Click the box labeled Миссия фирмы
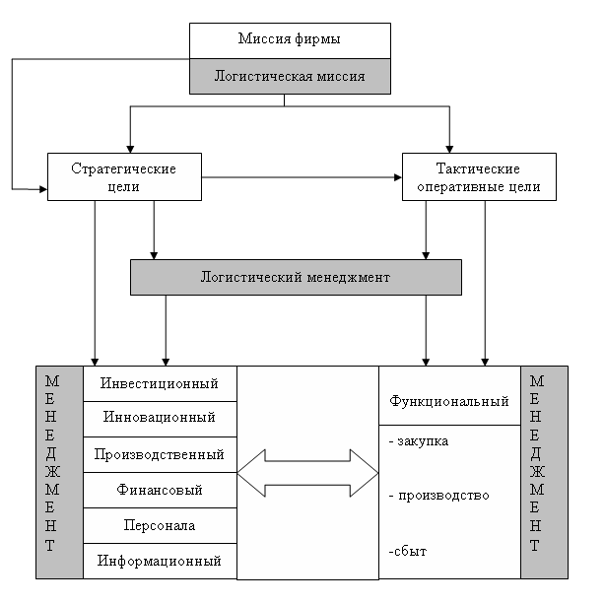pos(290,40)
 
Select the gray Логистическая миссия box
pos(290,75)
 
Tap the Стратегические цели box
pos(124,177)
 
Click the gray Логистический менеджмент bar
pos(296,278)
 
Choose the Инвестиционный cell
pos(160,383)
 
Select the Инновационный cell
pos(160,418)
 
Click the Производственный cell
pos(160,454)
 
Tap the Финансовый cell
pos(160,490)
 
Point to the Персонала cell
pos(160,525)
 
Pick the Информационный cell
pos(160,562)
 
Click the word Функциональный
pos(449,402)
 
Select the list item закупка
pos(421,440)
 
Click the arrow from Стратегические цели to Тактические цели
pos(302,177)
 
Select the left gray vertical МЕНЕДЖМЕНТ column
pos(52,472)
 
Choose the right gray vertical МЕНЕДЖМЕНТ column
pos(544,472)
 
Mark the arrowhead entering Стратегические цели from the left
pos(42,186)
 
